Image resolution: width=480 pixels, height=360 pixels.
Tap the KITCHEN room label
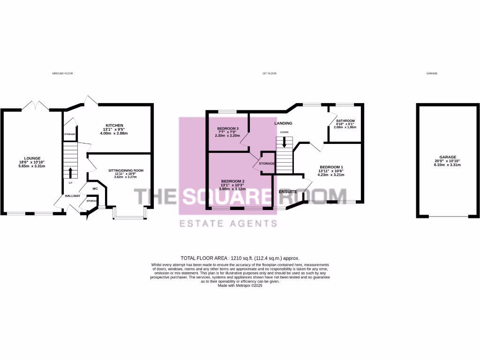click(114, 126)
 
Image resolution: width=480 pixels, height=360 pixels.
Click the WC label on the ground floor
click(95, 189)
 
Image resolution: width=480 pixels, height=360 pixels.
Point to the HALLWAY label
click(73, 196)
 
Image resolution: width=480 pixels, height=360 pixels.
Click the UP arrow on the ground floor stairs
click(70, 172)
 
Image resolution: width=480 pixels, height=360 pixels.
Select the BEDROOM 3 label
click(228, 128)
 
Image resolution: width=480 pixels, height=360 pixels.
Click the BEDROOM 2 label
click(233, 181)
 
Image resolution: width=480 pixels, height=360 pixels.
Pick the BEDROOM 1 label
click(331, 167)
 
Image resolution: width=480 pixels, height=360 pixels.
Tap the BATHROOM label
click(345, 120)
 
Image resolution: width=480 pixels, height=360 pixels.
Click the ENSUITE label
click(288, 192)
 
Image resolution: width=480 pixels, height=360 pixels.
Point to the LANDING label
click(283, 123)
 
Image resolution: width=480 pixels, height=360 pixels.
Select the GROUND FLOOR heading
click(62, 74)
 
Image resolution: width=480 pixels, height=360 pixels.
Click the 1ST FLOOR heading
click(270, 74)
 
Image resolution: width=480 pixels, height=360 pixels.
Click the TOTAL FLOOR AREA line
click(240, 258)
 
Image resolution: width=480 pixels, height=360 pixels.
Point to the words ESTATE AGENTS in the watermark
click(229, 224)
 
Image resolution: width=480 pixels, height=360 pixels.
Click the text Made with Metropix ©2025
click(240, 285)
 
